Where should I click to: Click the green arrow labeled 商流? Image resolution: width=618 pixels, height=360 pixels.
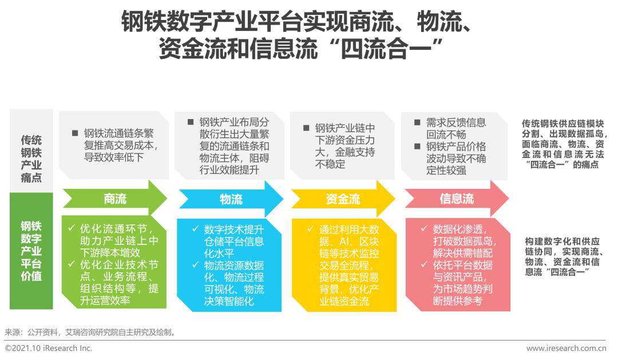click(114, 199)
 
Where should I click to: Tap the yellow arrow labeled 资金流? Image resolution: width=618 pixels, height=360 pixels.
click(343, 199)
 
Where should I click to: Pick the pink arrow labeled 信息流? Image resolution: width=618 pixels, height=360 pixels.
click(456, 199)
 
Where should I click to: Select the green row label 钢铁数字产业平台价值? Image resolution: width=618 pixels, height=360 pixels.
click(31, 251)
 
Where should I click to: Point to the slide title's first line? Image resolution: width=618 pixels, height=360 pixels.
click(296, 23)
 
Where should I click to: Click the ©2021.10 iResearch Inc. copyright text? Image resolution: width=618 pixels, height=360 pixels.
click(49, 348)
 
